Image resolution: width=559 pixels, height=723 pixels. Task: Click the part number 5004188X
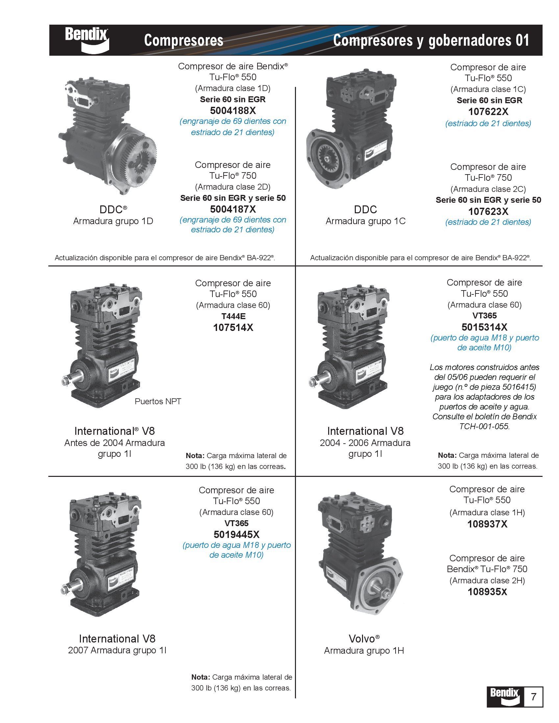(233, 110)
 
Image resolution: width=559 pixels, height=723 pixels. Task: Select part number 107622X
(488, 111)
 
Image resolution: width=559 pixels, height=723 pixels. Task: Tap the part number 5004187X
(233, 209)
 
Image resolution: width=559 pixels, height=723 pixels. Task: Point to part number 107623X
(488, 211)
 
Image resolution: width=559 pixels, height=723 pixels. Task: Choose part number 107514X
(233, 327)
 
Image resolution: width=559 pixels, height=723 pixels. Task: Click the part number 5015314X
(484, 327)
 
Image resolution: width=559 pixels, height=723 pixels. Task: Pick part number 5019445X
(236, 534)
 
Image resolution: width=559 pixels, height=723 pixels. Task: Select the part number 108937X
(487, 524)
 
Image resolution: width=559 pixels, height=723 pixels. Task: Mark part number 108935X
(487, 592)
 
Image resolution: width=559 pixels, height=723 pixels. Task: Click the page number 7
(533, 696)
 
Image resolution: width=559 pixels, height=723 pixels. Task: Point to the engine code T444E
(233, 316)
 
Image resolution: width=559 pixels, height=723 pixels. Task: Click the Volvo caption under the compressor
(364, 639)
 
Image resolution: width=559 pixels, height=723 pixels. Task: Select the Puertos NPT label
(158, 401)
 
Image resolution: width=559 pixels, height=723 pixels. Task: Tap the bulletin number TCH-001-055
(484, 426)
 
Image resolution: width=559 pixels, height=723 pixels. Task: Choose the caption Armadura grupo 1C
(365, 221)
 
